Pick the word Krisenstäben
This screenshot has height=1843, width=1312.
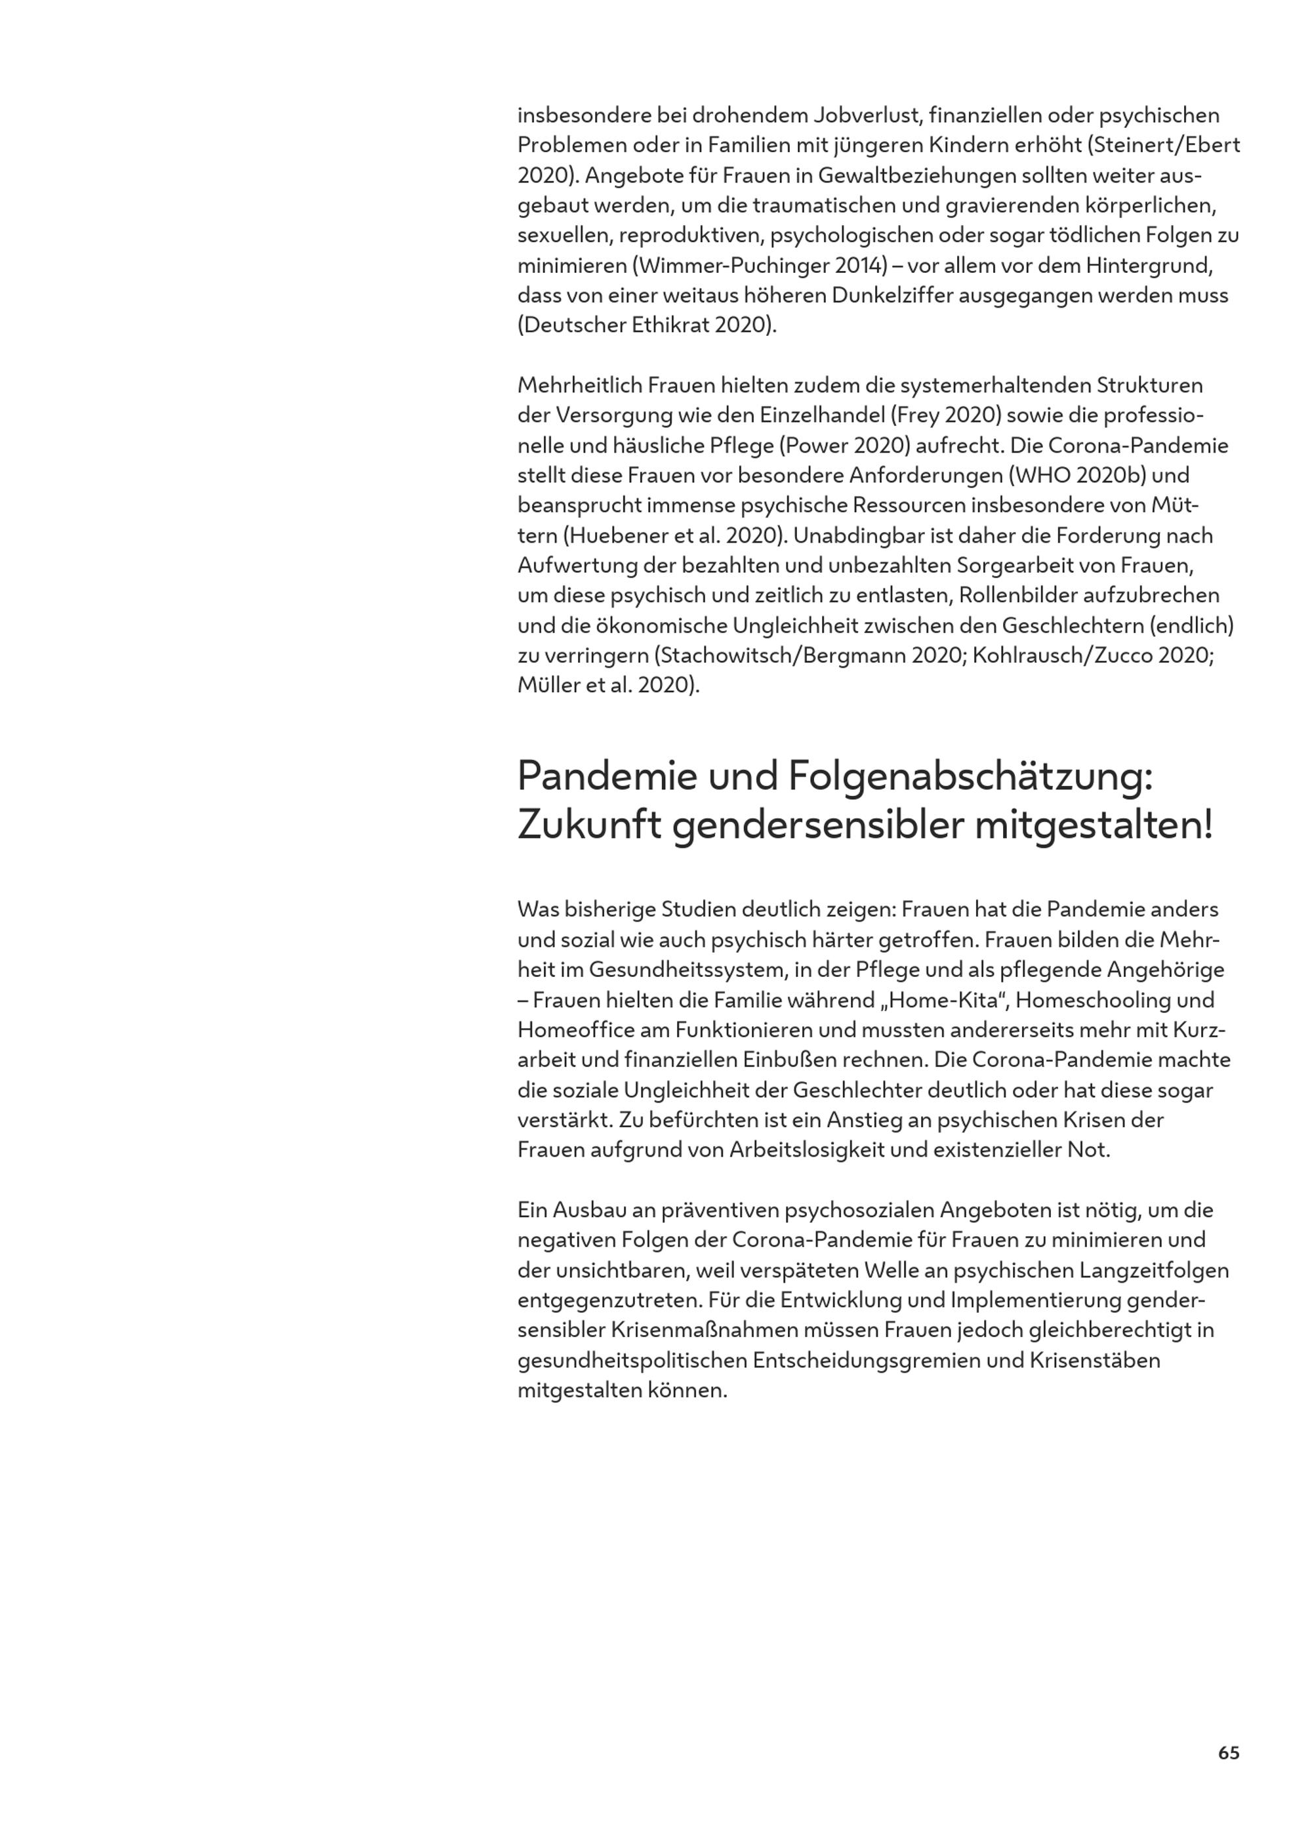tap(1095, 1361)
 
